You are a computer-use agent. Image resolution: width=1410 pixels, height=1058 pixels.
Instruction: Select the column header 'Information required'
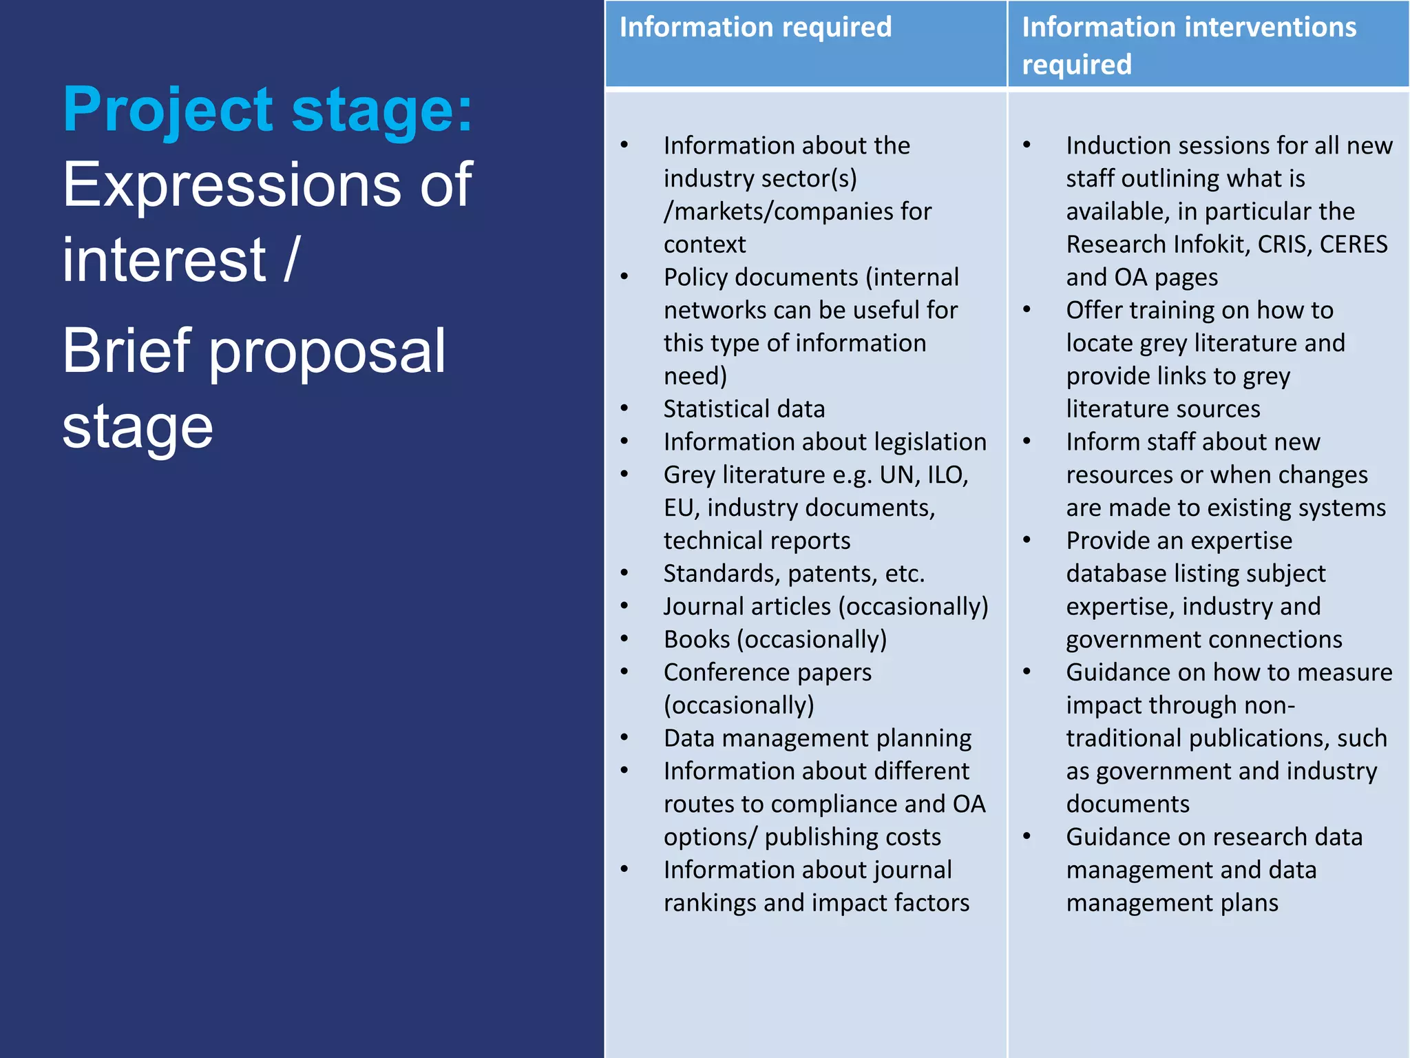click(x=755, y=28)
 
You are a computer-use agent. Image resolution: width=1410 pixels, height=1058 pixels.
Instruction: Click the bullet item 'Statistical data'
click(x=744, y=409)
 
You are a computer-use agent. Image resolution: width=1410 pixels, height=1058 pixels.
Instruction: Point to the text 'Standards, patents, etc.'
click(x=793, y=574)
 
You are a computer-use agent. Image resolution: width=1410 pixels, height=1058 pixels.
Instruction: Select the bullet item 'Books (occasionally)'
click(x=775, y=639)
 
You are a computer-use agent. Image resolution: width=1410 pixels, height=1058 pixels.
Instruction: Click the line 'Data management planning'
click(x=817, y=738)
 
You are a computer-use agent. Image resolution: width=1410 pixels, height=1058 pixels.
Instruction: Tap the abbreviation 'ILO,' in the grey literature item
click(x=948, y=475)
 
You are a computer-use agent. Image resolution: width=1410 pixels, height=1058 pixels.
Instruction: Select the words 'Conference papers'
click(x=767, y=672)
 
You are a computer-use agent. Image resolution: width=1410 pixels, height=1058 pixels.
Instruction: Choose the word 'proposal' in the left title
click(x=327, y=351)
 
